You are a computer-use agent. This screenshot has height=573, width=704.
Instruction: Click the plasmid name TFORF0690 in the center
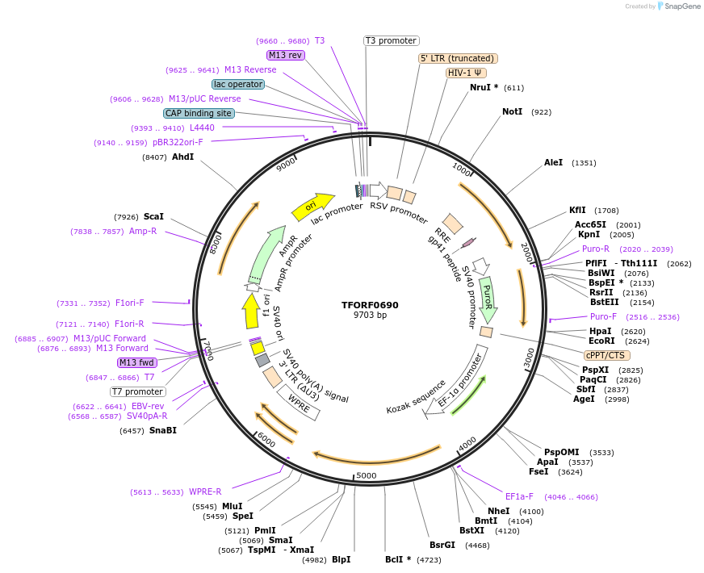(x=370, y=305)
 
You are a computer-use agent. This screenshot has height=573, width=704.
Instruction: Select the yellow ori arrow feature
(x=312, y=207)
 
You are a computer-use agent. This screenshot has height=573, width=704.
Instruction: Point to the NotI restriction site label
(x=512, y=112)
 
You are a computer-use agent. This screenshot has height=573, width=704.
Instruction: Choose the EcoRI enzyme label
(x=601, y=341)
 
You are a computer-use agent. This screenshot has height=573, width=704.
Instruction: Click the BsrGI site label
(x=442, y=546)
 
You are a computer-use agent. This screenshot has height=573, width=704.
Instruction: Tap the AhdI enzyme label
(x=182, y=157)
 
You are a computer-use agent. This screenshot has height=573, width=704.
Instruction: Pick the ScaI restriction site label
(x=153, y=217)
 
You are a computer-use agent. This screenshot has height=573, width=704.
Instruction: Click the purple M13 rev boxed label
(x=285, y=55)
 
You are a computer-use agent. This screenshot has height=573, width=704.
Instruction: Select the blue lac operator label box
(x=238, y=84)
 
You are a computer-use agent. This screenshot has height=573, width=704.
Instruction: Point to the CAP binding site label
(x=199, y=113)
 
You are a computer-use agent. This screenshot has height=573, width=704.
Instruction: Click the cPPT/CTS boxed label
(x=606, y=355)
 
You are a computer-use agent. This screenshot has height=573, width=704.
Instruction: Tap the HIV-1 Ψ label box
(x=466, y=73)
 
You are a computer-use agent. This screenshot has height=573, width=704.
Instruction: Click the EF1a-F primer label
(x=520, y=497)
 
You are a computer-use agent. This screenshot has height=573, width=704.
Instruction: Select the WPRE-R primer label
(x=205, y=492)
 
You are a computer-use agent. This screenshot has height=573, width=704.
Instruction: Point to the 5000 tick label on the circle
(x=367, y=475)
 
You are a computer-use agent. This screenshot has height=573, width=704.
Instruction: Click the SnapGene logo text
(x=683, y=6)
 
